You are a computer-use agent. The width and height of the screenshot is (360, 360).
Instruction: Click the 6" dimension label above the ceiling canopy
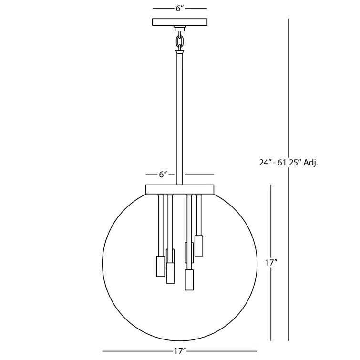[179, 9]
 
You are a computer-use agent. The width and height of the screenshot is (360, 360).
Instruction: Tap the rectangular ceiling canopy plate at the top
[179, 21]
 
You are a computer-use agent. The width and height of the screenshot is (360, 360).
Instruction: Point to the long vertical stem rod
[180, 119]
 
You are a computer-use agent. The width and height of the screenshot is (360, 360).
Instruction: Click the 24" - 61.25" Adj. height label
[288, 162]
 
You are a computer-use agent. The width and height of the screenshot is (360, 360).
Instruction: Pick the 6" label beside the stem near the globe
[163, 175]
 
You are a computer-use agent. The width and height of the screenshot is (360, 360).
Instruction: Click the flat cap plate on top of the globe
[180, 189]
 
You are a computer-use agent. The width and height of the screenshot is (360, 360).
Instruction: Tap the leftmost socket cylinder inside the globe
[161, 266]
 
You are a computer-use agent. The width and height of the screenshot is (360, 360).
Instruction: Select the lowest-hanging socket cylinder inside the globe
[189, 280]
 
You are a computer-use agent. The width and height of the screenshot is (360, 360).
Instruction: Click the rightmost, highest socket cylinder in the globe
[199, 245]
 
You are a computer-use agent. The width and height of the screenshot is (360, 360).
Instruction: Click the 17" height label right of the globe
[271, 262]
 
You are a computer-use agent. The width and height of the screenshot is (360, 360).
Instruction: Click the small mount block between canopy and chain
[180, 28]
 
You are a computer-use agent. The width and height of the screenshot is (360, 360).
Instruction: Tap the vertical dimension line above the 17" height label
[271, 219]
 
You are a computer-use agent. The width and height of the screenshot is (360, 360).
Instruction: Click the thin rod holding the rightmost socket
[199, 215]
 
